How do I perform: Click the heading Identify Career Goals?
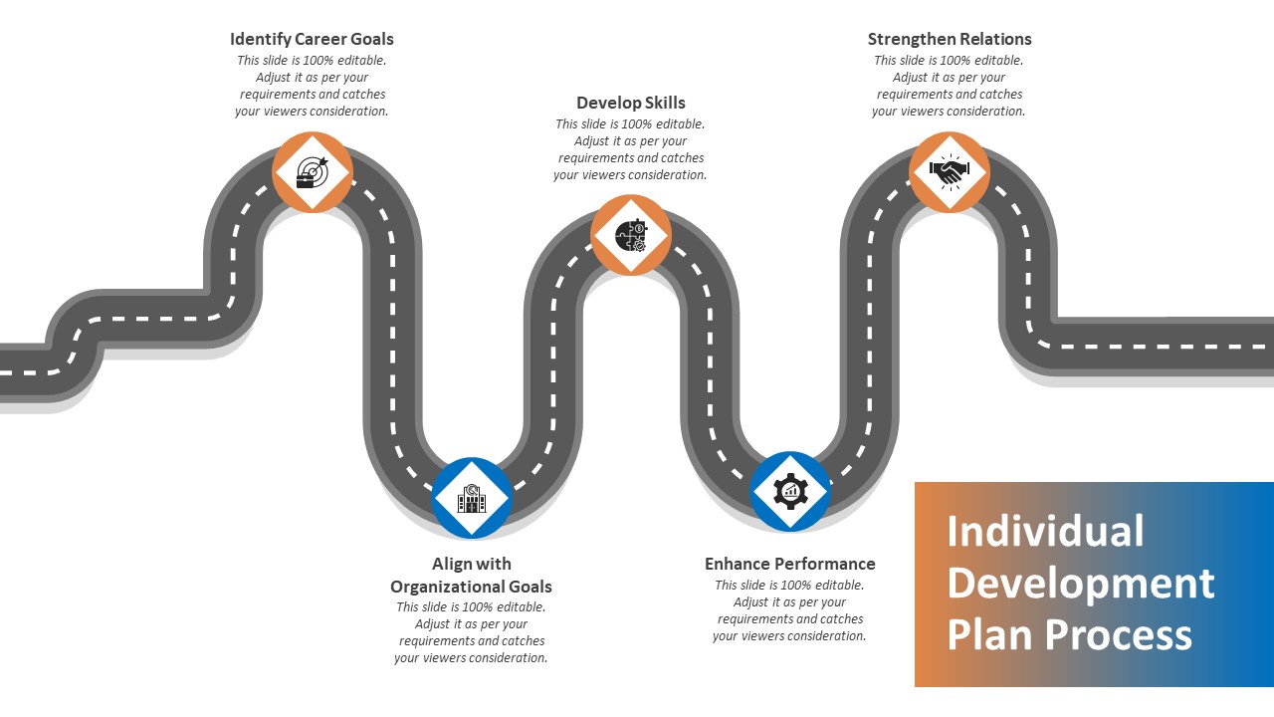312,40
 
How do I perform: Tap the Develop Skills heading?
631,103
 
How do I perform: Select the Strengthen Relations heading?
950,40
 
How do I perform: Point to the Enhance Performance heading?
790,564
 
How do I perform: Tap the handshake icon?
950,172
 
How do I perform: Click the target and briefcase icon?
313,172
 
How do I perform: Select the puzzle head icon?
631,236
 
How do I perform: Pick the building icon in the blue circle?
472,497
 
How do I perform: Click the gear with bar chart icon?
790,491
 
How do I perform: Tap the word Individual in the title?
1045,532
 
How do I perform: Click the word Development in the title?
1081,584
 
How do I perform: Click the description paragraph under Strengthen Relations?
950,86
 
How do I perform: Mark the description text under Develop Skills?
631,149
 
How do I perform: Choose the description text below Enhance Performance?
790,610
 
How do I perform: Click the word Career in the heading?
320,40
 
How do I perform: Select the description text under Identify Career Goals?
312,86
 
